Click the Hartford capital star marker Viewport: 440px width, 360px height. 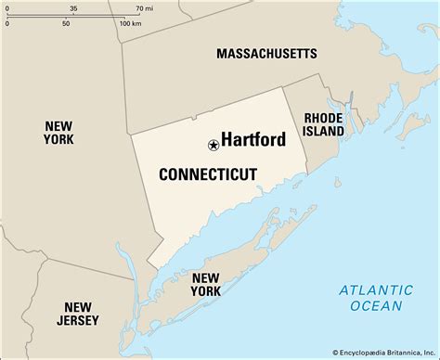214,145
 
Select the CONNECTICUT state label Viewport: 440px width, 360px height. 208,174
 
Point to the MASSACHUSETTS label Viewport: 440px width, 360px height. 266,54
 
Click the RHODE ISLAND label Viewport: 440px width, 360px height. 323,124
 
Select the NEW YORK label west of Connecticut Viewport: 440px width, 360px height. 58,131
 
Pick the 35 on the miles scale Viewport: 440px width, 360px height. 73,7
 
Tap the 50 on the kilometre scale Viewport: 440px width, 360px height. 66,22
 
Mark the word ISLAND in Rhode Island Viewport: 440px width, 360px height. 323,132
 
